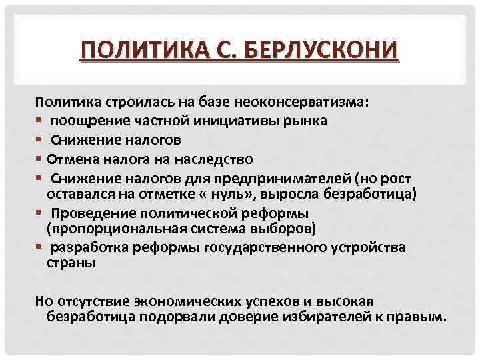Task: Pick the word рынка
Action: [x=290, y=121]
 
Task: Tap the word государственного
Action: [x=261, y=248]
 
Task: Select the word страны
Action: [x=71, y=263]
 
